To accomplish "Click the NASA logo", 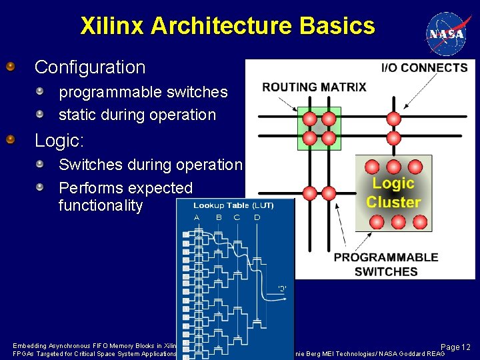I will click(447, 33).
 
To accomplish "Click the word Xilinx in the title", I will click(112, 26).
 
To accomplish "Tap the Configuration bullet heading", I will click(90, 67).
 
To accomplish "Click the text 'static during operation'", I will click(137, 115).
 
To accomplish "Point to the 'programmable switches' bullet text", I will click(143, 92).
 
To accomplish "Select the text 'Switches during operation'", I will click(151, 165).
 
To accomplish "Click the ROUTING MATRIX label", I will click(314, 87).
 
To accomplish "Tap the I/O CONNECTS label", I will click(424, 68).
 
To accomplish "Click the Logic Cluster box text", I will click(393, 193).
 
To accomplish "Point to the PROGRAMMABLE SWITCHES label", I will click(386, 264).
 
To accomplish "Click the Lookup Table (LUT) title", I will click(233, 205).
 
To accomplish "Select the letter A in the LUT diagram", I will click(197, 217).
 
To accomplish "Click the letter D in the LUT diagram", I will click(257, 217).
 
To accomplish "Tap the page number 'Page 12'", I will click(456, 347).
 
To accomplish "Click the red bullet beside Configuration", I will click(11, 67).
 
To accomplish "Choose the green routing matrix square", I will click(319, 128).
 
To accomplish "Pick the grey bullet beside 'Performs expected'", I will click(40, 187).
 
